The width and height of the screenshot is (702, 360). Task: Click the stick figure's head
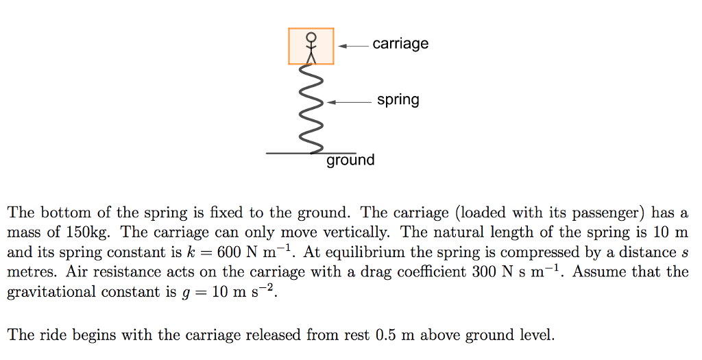click(311, 36)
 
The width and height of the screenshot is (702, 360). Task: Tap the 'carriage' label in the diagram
click(400, 44)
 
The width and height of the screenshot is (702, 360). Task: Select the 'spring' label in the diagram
click(398, 100)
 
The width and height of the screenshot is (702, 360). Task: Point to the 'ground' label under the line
click(350, 160)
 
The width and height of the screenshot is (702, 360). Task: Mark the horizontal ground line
click(288, 153)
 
